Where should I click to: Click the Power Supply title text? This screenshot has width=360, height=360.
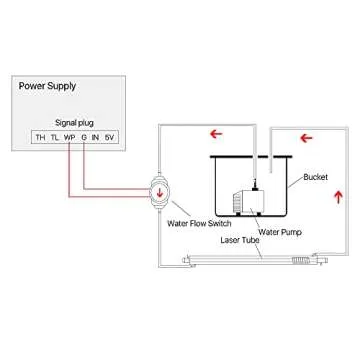click(47, 87)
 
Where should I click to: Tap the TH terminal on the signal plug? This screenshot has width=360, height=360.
click(40, 136)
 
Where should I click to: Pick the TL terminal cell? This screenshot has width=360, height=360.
click(55, 136)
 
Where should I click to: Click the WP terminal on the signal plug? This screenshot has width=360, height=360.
click(70, 136)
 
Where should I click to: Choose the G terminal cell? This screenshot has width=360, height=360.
click(84, 136)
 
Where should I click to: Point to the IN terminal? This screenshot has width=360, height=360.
click(96, 136)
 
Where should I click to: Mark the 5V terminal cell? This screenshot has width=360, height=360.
click(110, 136)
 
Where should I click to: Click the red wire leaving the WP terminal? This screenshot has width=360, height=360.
click(70, 165)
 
